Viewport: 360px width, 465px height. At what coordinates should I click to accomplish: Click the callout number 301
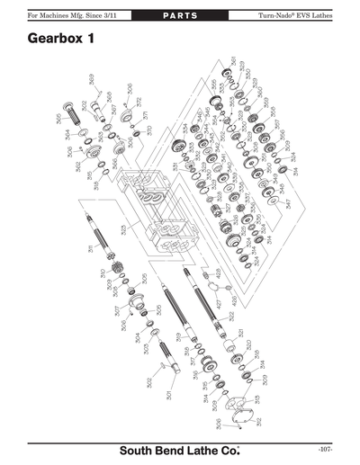168,395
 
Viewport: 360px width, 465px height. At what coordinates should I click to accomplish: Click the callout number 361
234,62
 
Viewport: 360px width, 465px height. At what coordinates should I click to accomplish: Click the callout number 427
217,304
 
